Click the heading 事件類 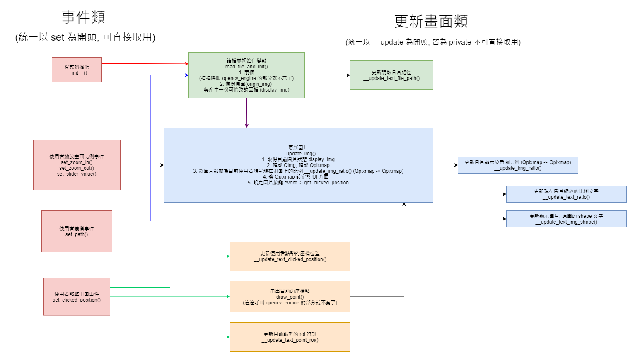click(x=83, y=17)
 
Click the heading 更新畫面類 click(x=431, y=21)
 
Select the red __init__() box click(x=77, y=70)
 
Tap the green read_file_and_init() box click(x=246, y=75)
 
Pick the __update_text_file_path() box click(x=391, y=75)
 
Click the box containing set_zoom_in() click(x=77, y=165)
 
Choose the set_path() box click(x=77, y=231)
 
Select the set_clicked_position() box click(x=77, y=297)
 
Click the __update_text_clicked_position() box click(x=290, y=256)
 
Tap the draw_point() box click(x=290, y=297)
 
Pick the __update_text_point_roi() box click(x=290, y=337)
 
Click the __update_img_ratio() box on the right click(x=518, y=165)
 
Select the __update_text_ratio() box click(x=566, y=194)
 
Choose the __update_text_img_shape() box click(x=566, y=219)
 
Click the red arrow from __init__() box click(x=145, y=64)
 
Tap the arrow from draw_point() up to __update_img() click(x=404, y=249)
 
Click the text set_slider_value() click(x=77, y=174)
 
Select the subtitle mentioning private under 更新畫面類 click(x=433, y=42)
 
